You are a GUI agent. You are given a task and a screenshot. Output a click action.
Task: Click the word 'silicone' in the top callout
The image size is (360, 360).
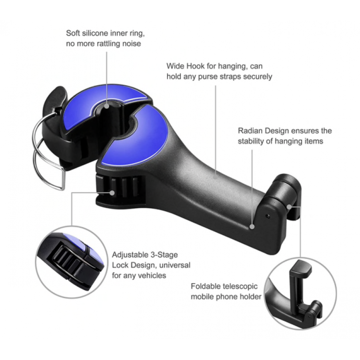click(x=95, y=33)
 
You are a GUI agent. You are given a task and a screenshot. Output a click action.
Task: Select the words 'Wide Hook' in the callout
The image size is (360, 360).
click(x=186, y=66)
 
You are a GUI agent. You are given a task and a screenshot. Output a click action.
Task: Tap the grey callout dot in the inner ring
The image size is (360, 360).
click(x=106, y=106)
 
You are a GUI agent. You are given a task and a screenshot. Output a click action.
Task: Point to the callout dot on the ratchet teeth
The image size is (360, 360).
click(x=112, y=193)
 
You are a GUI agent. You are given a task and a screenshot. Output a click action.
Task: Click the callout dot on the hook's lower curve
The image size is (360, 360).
click(x=252, y=227)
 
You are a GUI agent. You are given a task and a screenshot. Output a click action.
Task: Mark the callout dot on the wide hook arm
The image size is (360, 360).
click(x=215, y=176)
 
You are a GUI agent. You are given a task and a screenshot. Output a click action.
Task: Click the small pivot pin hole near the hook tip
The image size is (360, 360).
click(x=268, y=216)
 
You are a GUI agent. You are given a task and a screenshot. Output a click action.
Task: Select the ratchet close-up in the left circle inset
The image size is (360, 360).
click(x=70, y=262)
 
